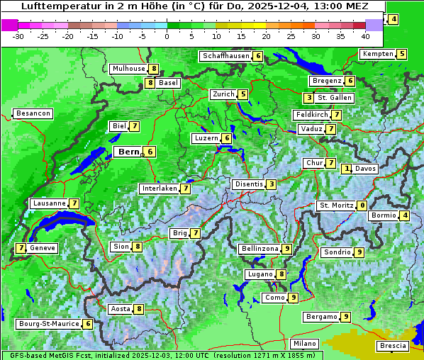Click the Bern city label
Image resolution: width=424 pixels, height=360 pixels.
(x=129, y=152)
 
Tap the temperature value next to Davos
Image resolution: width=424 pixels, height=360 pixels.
(x=347, y=169)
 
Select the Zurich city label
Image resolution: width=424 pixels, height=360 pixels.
(x=224, y=94)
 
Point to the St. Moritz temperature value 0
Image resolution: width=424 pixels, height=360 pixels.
(x=362, y=206)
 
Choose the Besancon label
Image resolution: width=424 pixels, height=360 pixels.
(x=33, y=113)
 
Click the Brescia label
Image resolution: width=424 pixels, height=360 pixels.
(x=393, y=346)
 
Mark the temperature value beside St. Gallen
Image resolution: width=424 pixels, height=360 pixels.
(x=308, y=97)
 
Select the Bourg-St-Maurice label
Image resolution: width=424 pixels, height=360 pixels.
(x=48, y=324)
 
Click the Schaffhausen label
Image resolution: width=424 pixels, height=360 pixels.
(x=225, y=56)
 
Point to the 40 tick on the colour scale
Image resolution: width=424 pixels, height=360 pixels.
(x=365, y=35)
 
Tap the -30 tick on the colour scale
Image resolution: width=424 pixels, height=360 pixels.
(x=18, y=35)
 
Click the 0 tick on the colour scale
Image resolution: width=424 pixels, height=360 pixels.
(x=167, y=35)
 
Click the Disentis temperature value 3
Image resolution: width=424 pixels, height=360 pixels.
(x=272, y=184)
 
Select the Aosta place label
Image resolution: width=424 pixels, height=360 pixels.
(x=121, y=309)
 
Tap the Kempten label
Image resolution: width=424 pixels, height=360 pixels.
(x=377, y=54)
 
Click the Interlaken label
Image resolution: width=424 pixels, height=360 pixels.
(x=160, y=189)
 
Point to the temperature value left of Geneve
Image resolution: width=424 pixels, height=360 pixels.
(x=21, y=248)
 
